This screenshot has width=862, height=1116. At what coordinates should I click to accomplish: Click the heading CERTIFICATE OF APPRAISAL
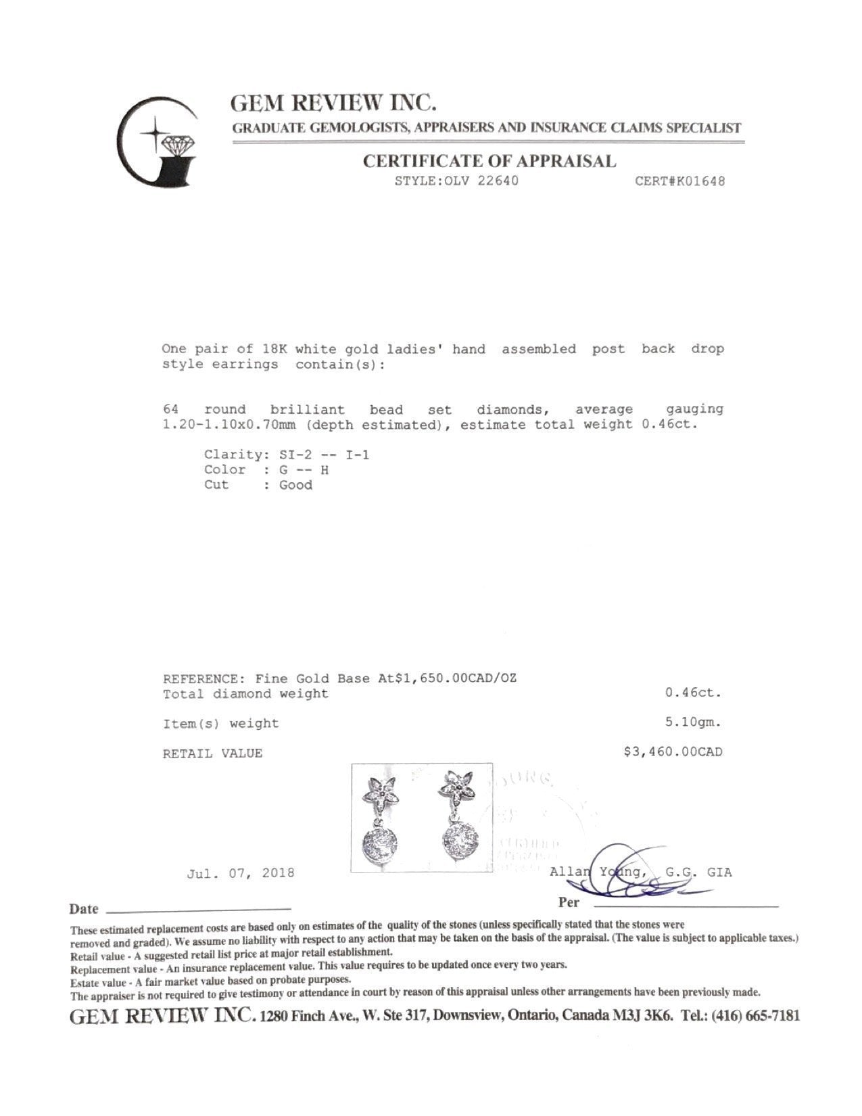[489, 161]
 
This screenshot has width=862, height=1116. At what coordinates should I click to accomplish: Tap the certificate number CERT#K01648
[679, 181]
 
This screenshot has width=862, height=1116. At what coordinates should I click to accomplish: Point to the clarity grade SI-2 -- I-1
[324, 455]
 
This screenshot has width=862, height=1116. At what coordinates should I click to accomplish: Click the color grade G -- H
[304, 469]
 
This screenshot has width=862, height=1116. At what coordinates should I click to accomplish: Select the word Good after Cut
[296, 485]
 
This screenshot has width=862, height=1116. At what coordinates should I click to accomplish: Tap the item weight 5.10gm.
[693, 722]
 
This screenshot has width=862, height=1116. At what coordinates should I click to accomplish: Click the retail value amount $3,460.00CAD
[673, 751]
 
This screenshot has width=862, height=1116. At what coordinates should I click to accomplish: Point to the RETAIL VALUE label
[212, 753]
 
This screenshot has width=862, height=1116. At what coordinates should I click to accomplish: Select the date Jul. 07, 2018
[240, 873]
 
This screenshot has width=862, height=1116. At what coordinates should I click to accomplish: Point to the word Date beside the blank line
[84, 909]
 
